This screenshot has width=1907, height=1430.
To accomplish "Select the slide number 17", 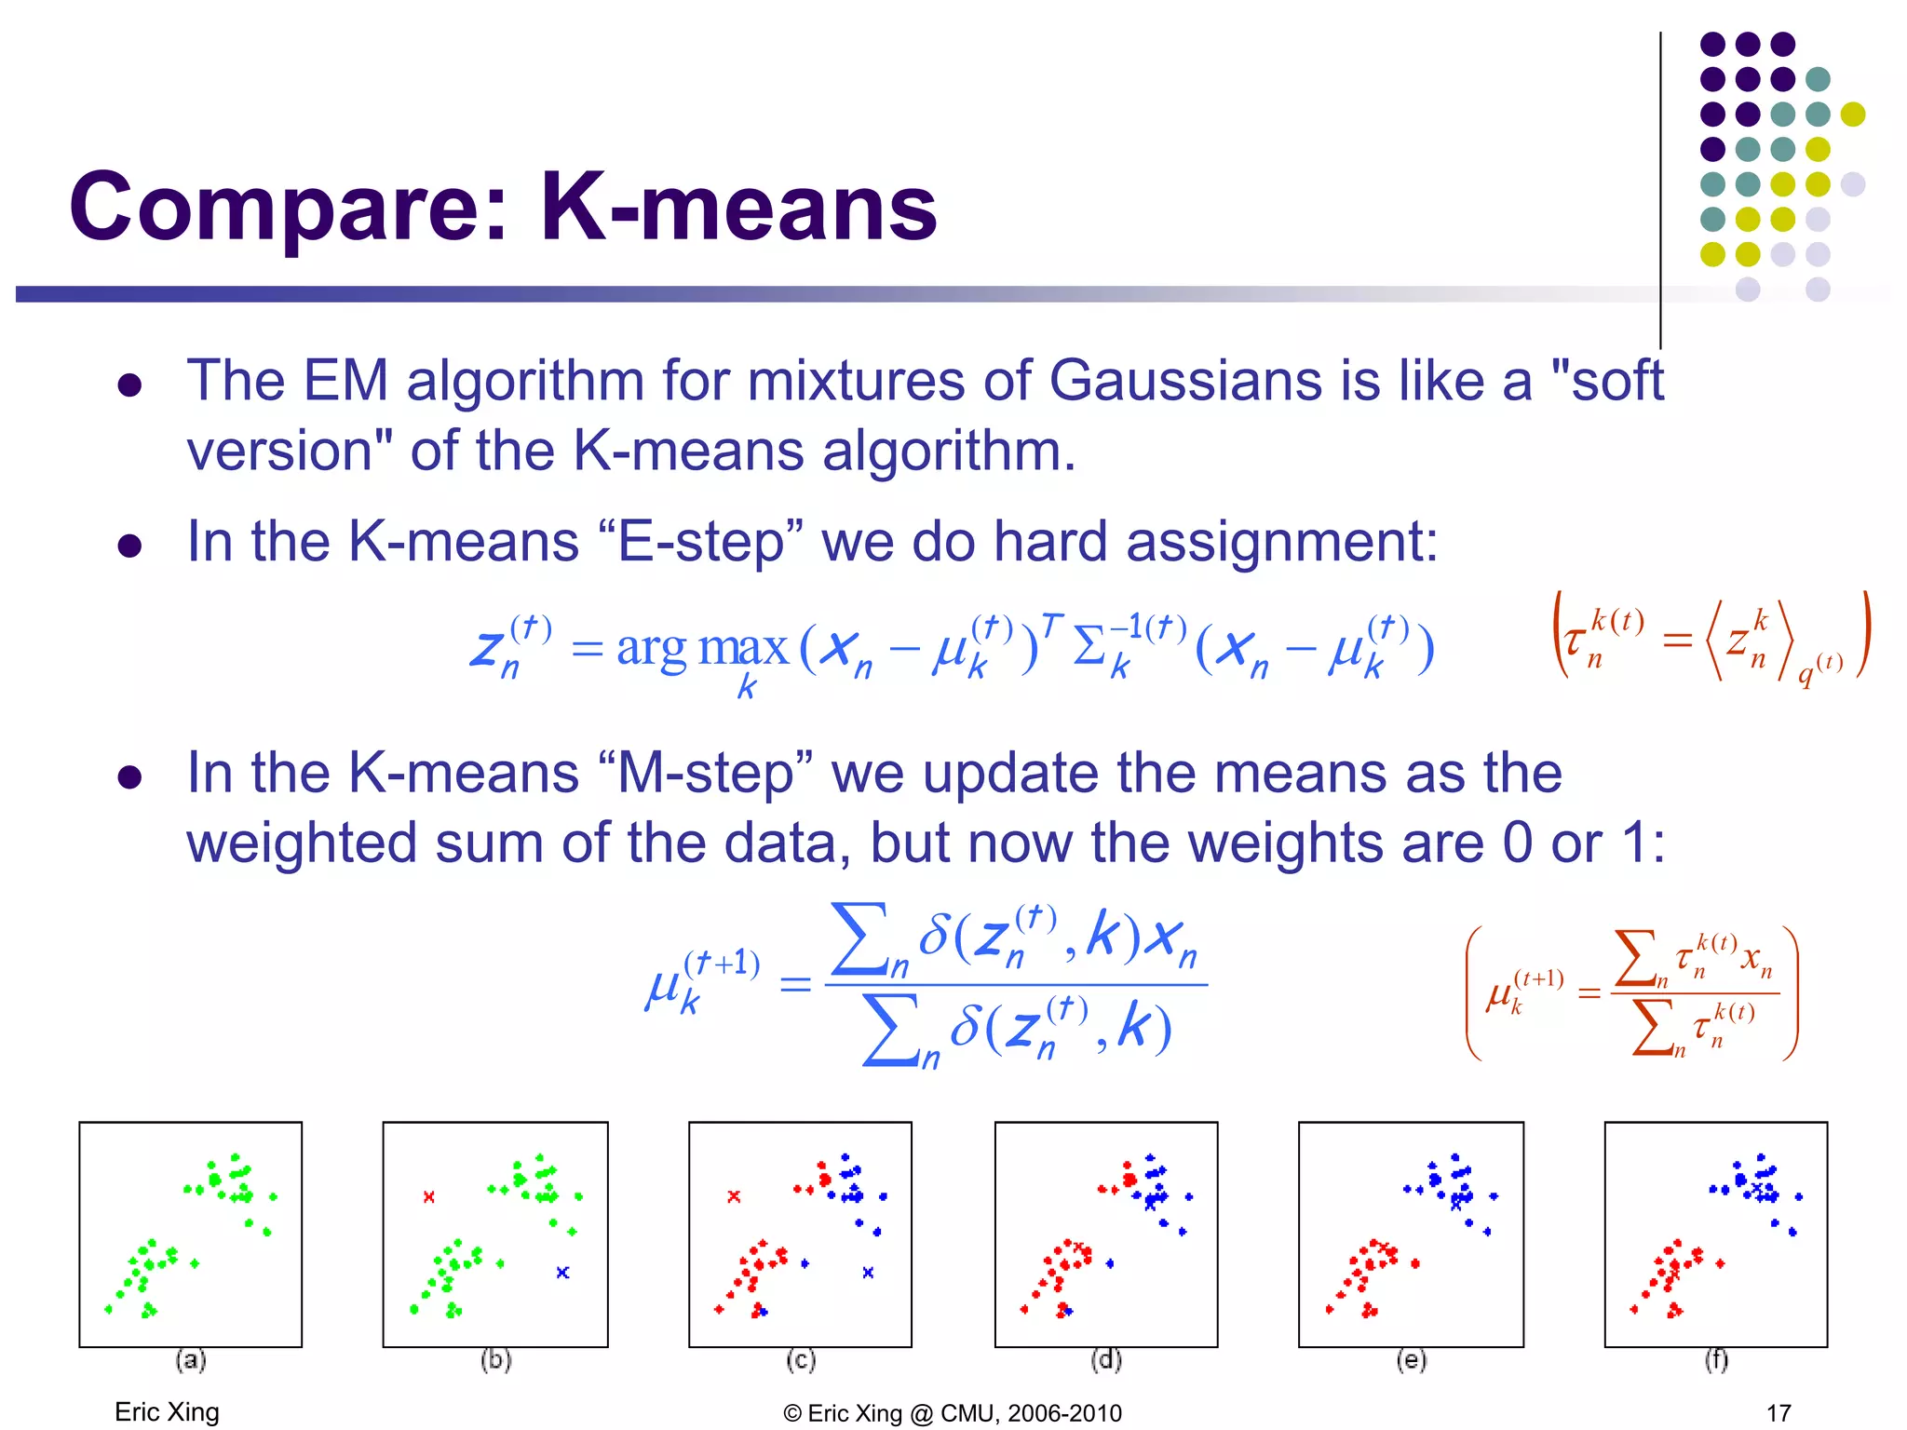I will [1779, 1412].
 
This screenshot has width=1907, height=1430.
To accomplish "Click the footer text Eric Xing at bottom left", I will [167, 1411].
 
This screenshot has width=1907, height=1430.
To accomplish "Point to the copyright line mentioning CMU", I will [953, 1412].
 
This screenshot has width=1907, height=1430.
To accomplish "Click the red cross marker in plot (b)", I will [429, 1196].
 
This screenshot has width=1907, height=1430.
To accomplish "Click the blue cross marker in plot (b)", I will [562, 1272].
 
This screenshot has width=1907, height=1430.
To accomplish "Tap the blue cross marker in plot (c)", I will [868, 1272].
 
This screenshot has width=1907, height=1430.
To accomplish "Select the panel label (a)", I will [191, 1360].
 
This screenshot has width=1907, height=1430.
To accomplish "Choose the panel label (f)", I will [1716, 1360].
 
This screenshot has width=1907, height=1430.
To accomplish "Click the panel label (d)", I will [1106, 1360].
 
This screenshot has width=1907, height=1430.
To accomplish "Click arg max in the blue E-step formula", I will [702, 647].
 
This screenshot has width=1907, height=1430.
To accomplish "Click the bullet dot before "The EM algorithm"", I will [129, 385].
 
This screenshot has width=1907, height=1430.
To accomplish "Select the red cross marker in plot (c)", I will [734, 1196].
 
